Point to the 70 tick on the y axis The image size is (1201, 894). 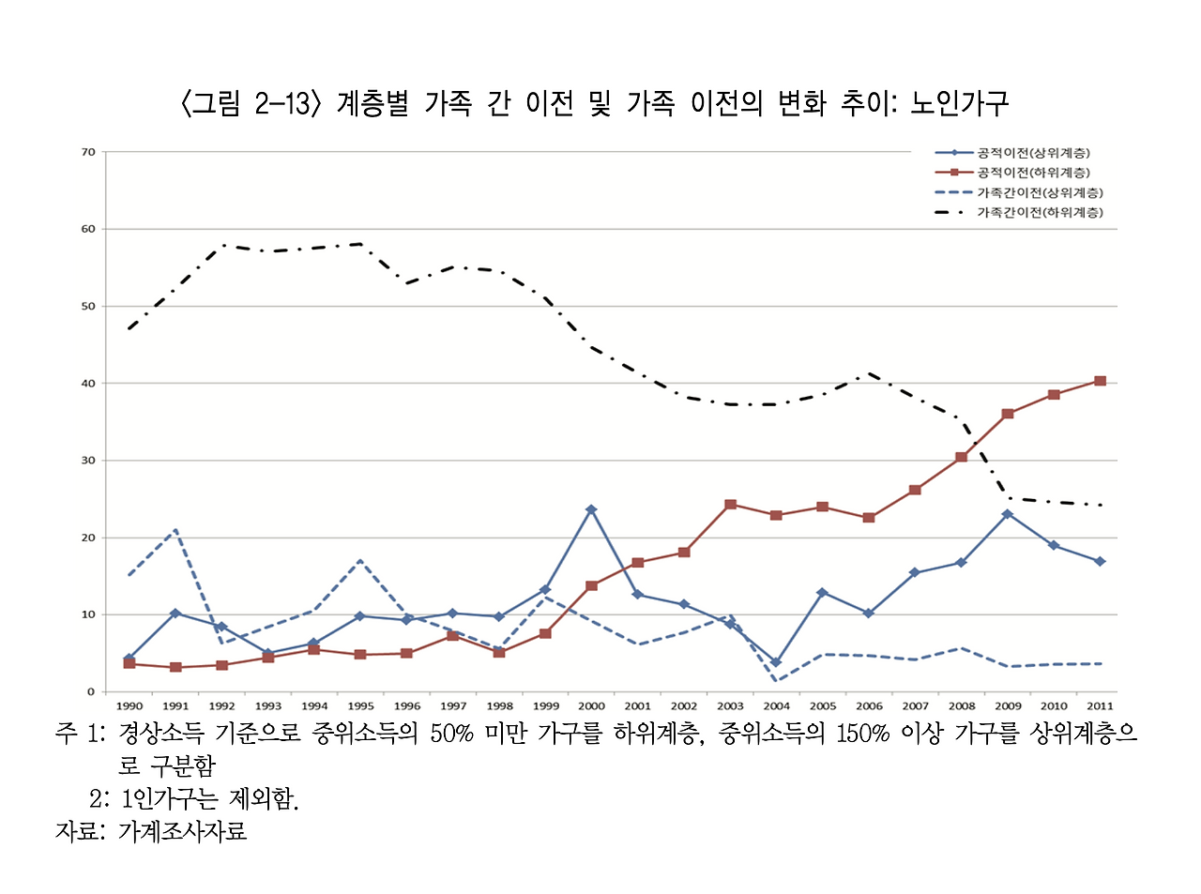(x=89, y=152)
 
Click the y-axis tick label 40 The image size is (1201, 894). (x=89, y=384)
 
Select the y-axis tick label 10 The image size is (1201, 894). (x=89, y=615)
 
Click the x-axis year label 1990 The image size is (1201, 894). (x=129, y=706)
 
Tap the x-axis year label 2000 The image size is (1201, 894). (x=591, y=706)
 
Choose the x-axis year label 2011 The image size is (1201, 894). (x=1100, y=706)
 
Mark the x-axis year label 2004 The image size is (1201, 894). (x=776, y=706)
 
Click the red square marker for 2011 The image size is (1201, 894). (x=1100, y=381)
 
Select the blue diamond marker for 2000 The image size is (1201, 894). (x=591, y=509)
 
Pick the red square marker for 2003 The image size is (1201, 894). (x=730, y=505)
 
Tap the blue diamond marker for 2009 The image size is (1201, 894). (x=1008, y=514)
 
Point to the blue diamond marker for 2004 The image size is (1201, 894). (x=776, y=662)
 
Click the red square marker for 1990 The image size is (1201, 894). (x=129, y=664)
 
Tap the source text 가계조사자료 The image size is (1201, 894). (x=182, y=831)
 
